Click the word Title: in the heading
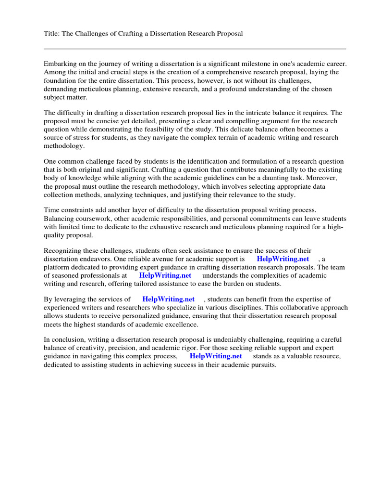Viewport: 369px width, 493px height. [52, 33]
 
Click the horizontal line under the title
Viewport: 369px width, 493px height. [195, 49]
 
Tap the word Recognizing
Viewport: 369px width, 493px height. [63, 251]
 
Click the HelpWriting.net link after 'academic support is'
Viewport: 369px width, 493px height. [283, 259]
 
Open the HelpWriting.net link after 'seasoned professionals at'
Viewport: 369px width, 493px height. [165, 275]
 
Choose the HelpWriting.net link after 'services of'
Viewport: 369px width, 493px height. [169, 299]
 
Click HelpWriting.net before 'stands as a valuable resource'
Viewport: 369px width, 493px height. [216, 356]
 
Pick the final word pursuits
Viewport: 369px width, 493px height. [263, 364]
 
